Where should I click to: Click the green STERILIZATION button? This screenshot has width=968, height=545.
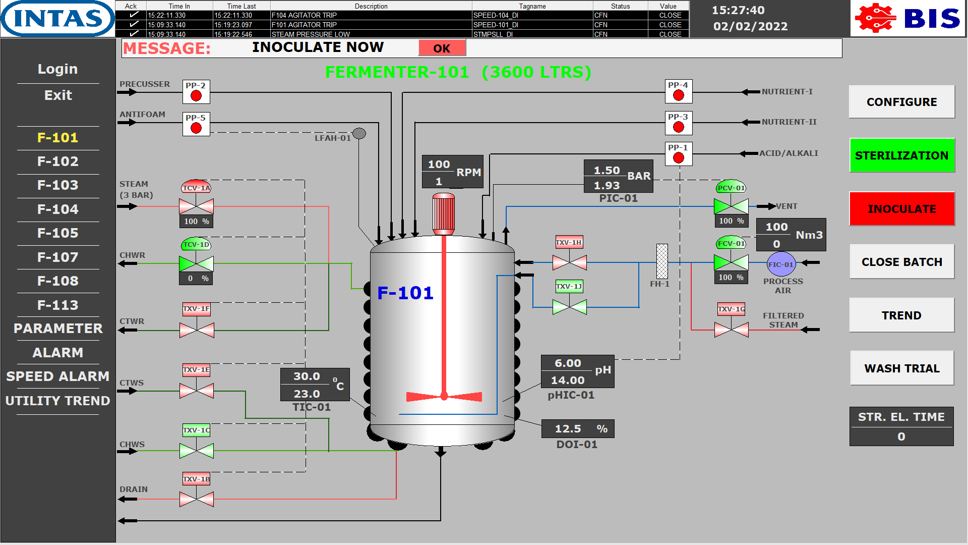coord(901,155)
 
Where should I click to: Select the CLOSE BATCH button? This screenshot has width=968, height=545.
coord(901,262)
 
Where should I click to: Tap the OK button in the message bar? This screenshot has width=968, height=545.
coord(442,48)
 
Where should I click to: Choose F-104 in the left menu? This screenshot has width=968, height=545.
coord(58,209)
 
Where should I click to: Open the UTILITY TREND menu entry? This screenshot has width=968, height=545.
coord(58,401)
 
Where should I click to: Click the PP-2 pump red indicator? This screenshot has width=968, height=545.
coord(196,95)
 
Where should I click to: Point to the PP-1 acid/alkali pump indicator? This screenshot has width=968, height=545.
coord(679,157)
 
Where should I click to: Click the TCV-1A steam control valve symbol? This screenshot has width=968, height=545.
coord(197,206)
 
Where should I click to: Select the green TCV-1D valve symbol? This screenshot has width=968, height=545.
coord(197,263)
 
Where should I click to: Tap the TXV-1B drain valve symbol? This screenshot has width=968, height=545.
coord(197,499)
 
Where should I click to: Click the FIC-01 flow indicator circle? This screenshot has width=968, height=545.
coord(780,264)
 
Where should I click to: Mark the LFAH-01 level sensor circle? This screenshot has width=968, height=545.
coord(359,134)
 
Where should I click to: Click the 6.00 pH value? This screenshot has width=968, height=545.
coord(568,363)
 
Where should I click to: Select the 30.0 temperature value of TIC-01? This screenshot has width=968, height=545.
coord(307,376)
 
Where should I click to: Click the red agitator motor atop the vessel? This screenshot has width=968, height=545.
coord(444,213)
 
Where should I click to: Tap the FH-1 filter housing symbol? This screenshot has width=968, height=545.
coord(662,261)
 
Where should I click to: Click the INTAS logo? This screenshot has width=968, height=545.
coord(58,19)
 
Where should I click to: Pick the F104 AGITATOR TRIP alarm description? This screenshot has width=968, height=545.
coord(304,15)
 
